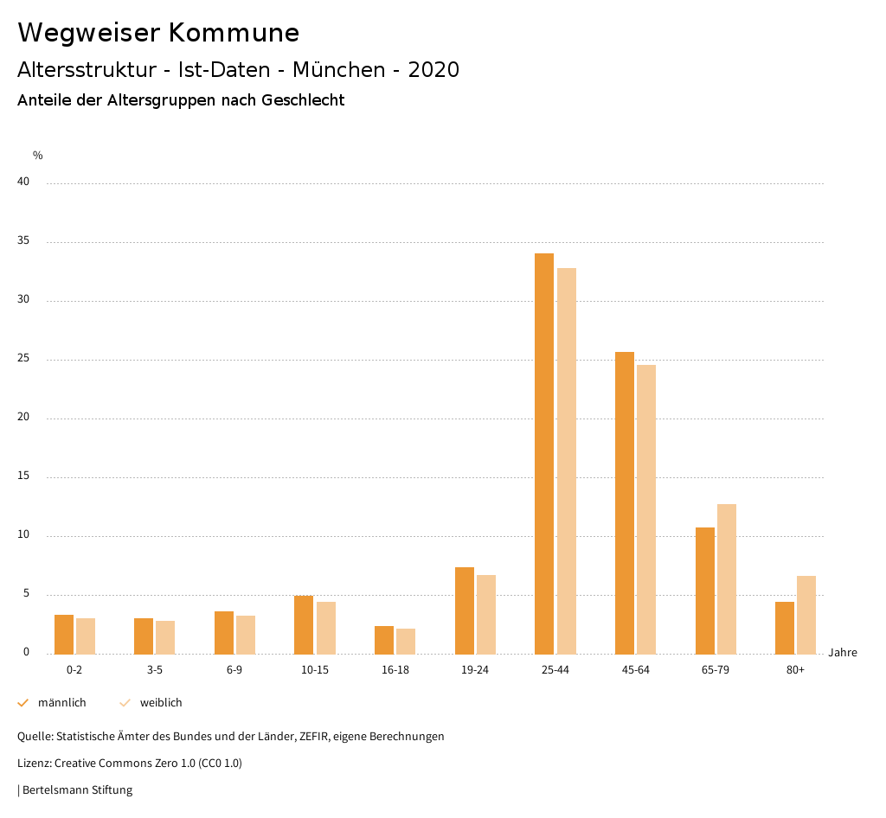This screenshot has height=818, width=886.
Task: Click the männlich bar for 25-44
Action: [544, 454]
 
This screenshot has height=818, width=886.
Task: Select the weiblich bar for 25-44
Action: [567, 461]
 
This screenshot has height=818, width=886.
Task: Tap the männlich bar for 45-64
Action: [625, 503]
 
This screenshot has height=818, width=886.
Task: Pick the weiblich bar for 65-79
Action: [727, 579]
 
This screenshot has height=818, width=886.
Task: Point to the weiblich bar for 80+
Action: [806, 615]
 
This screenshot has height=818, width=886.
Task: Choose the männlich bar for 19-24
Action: [465, 610]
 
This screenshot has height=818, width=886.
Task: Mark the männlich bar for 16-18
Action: [384, 640]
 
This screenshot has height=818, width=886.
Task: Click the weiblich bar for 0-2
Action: [86, 636]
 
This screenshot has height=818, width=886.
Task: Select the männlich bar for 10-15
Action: [304, 625]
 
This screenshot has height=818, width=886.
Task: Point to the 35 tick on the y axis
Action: [24, 241]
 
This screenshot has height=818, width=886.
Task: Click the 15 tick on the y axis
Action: [24, 476]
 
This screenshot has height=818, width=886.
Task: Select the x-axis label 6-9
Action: [234, 670]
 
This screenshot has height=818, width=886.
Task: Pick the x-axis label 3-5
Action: [155, 670]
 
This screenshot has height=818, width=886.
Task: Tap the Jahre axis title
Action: [843, 653]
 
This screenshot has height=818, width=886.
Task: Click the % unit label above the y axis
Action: [38, 156]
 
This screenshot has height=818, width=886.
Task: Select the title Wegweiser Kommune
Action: [158, 33]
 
